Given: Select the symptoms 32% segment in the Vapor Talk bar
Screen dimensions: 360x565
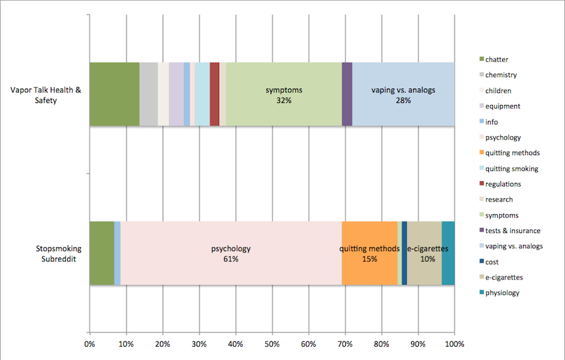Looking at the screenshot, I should click(x=284, y=94).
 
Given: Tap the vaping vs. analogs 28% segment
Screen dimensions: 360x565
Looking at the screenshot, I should click(x=403, y=94).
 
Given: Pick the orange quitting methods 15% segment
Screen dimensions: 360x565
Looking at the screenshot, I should click(x=369, y=253).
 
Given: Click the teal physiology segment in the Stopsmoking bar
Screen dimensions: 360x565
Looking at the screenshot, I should click(x=448, y=253).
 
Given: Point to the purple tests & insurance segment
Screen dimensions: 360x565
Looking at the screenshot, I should click(x=347, y=94).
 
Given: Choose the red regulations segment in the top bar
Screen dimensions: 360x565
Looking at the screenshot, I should click(x=215, y=94).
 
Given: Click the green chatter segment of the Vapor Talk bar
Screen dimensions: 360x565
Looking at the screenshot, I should click(x=114, y=94).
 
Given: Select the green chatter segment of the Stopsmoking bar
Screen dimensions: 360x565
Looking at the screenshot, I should click(x=102, y=253).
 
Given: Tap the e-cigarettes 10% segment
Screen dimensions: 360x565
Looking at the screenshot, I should click(x=425, y=253).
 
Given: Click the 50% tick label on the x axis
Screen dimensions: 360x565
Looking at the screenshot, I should click(x=272, y=344).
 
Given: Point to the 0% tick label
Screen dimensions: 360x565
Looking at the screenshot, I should click(x=90, y=344).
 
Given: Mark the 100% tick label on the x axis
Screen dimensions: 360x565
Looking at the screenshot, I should click(x=454, y=344).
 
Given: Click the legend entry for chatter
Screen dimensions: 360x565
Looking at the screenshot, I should click(x=497, y=60).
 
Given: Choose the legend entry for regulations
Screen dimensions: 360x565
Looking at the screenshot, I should click(x=503, y=184).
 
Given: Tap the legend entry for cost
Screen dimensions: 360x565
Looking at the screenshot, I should click(x=493, y=261).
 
